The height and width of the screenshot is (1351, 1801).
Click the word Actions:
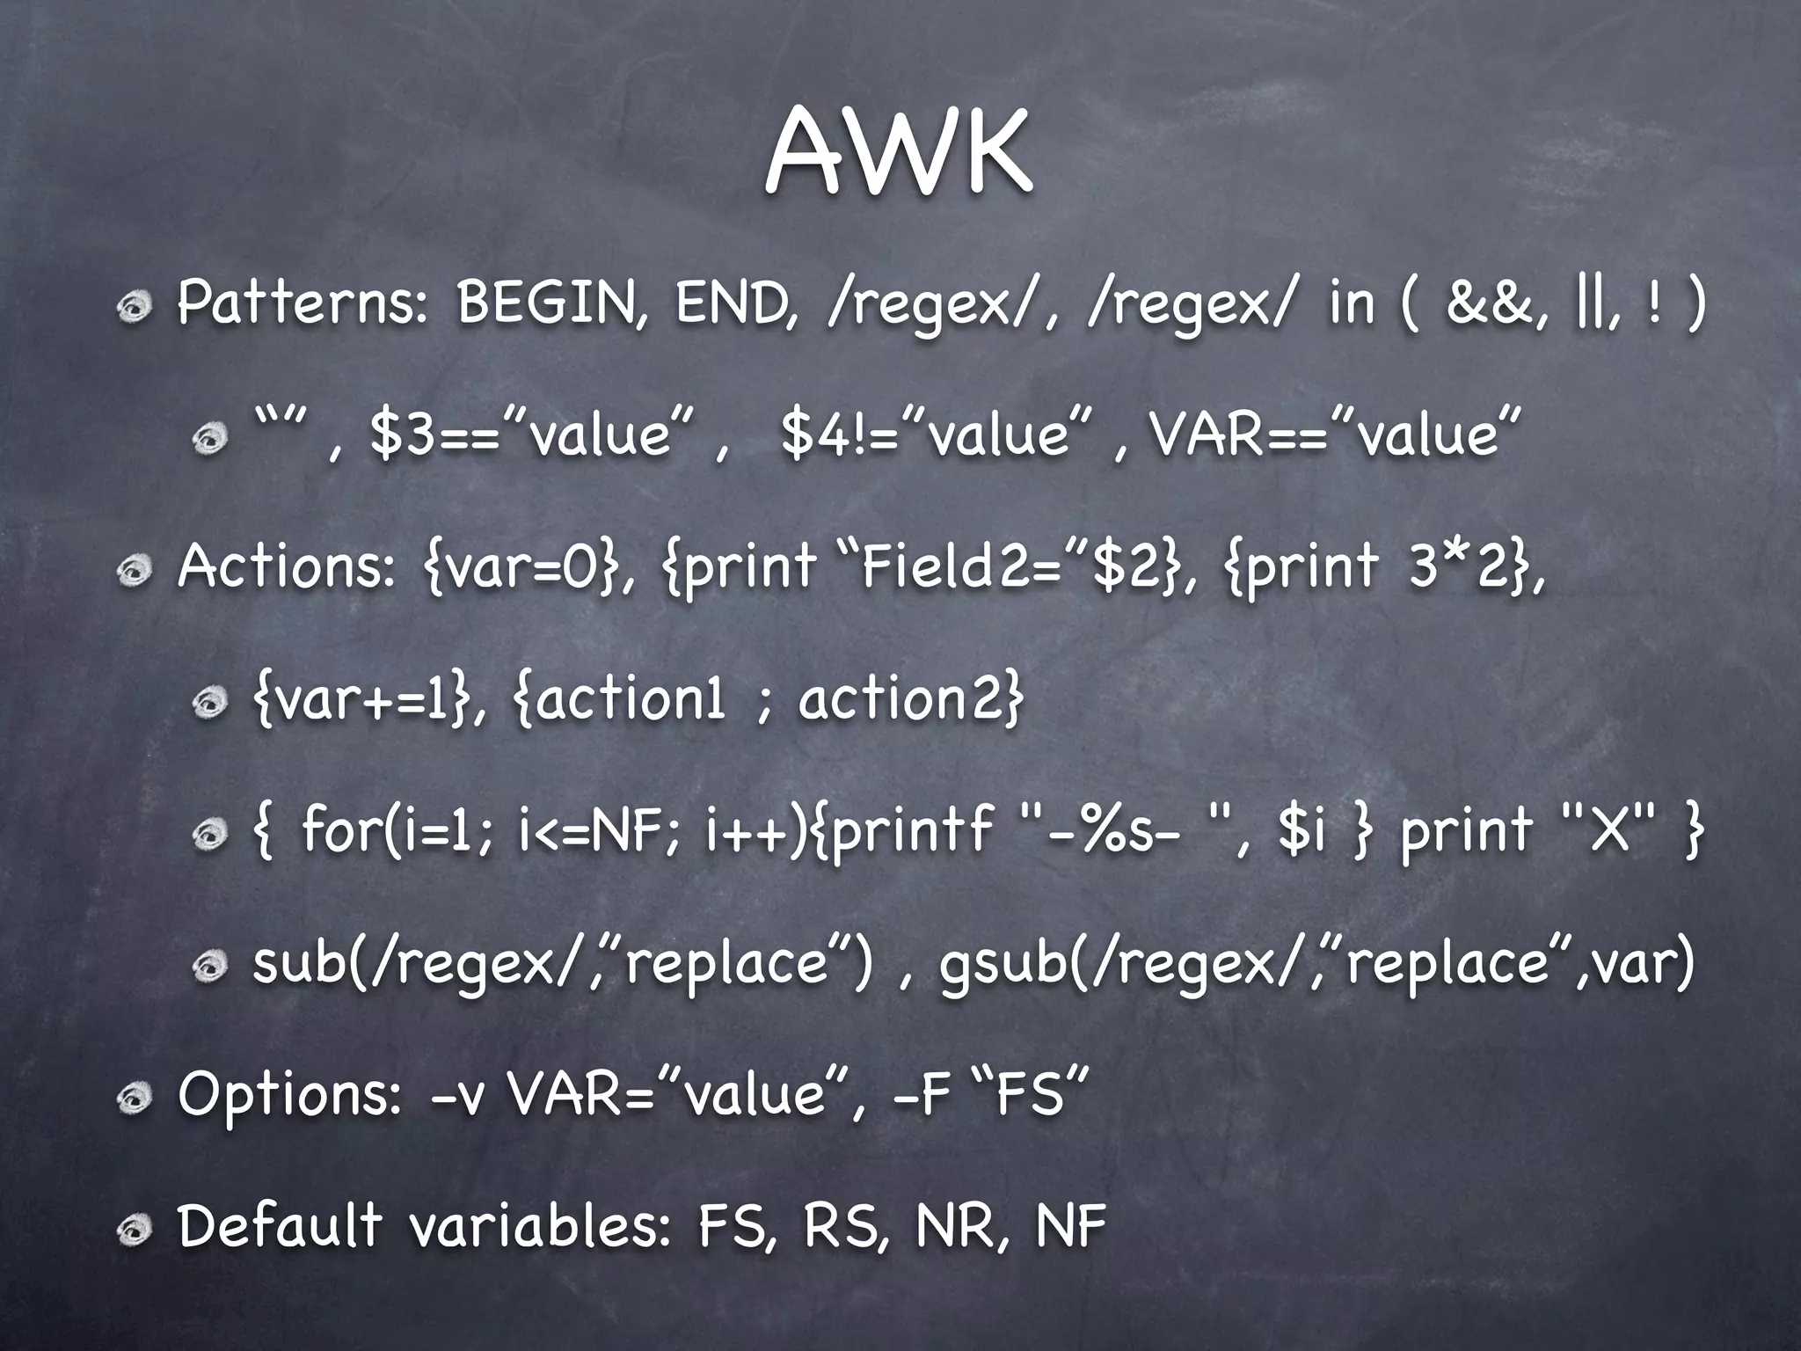(x=287, y=566)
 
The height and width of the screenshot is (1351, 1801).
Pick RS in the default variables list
(x=839, y=1227)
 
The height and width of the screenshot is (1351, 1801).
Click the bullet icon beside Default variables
(x=137, y=1230)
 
